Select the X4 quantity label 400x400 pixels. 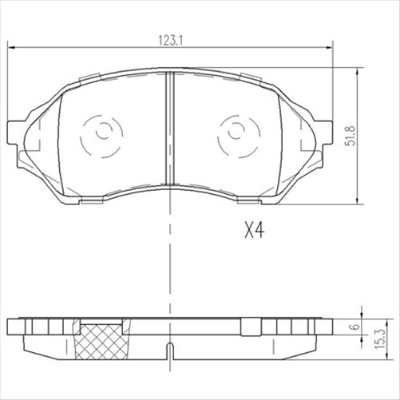254,232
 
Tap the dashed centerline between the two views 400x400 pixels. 169,263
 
